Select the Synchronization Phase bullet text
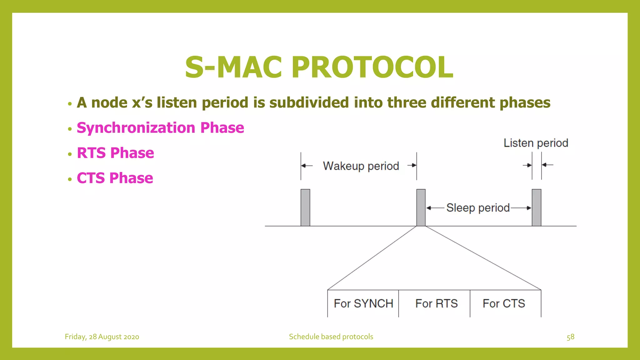[160, 128]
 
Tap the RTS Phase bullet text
[115, 153]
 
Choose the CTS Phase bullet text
[115, 178]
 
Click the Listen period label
[536, 143]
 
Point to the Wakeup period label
[361, 166]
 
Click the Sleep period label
[478, 208]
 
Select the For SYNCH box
[363, 303]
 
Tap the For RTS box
[436, 303]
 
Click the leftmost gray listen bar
[305, 207]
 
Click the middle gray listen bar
[421, 207]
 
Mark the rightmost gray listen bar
[537, 207]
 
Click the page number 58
[570, 337]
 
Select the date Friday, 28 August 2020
[102, 337]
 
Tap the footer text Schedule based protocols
[331, 337]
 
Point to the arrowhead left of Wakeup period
[303, 166]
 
